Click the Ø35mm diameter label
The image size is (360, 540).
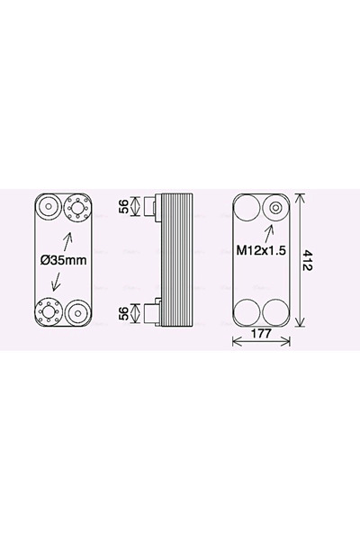64,261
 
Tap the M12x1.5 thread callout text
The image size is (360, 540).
261,251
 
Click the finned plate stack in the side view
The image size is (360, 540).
181,261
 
